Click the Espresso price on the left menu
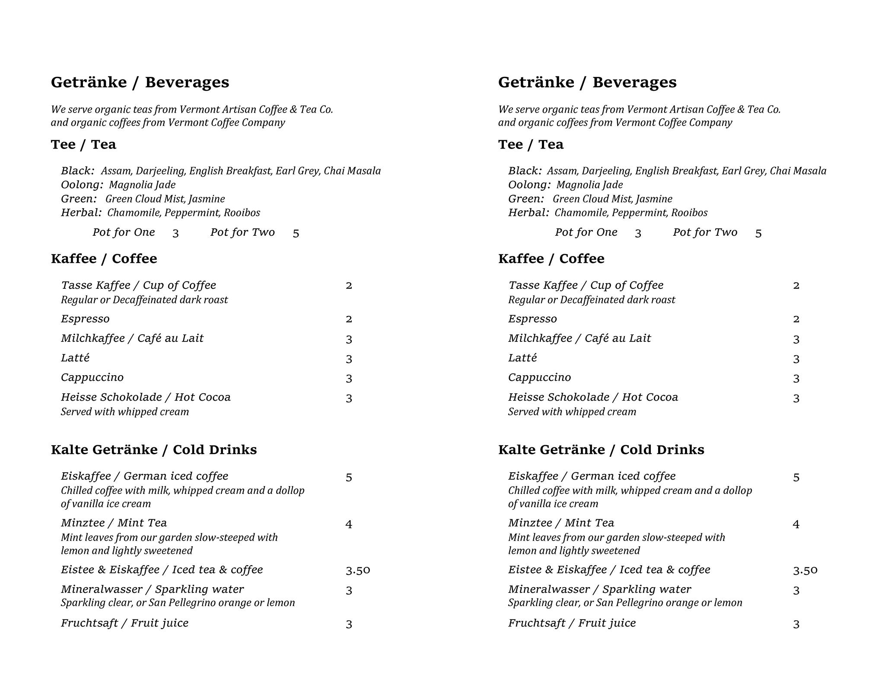[x=349, y=319]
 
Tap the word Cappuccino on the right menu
[x=539, y=378]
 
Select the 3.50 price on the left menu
[x=358, y=570]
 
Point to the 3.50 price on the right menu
[x=805, y=570]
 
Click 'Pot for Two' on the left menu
[x=242, y=233]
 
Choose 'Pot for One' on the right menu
[x=586, y=233]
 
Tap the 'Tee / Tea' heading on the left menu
[x=83, y=145]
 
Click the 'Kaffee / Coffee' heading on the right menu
[x=551, y=259]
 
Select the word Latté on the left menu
[x=75, y=358]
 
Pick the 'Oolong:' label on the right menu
[x=529, y=185]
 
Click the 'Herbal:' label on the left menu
[x=81, y=213]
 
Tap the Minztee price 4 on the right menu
[x=796, y=525]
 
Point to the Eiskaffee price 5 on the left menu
[x=349, y=477]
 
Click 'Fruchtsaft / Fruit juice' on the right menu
[x=572, y=623]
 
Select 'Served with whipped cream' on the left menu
[x=125, y=412]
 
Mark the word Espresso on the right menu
[x=532, y=319]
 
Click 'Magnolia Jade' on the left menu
[x=142, y=185]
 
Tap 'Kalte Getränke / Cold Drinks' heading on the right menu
[x=601, y=450]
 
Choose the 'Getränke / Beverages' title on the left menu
[x=140, y=82]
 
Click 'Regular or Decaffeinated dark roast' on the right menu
[x=591, y=300]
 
